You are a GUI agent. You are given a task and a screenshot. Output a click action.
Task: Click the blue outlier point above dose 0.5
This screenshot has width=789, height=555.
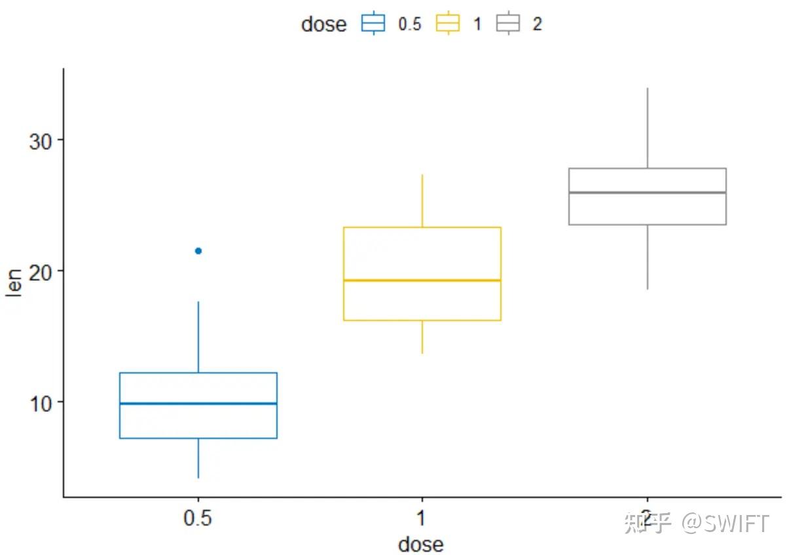198,251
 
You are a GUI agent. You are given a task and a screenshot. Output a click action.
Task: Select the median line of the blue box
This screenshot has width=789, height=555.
198,404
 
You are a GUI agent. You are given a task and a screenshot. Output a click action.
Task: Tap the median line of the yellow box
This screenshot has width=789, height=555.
422,280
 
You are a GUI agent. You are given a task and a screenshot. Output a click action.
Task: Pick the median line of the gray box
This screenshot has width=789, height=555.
647,193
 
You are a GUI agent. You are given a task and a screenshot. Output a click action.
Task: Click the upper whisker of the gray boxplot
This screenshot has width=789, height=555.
647,128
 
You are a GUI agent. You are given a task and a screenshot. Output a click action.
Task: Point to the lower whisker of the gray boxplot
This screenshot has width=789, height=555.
647,257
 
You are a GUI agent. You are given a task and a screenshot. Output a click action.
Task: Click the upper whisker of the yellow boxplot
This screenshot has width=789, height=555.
422,201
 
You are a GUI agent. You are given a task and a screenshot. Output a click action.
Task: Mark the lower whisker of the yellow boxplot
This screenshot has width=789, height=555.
422,337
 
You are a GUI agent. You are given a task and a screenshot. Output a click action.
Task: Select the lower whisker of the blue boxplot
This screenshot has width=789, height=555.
198,458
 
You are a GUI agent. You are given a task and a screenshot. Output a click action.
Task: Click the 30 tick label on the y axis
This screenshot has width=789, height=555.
41,141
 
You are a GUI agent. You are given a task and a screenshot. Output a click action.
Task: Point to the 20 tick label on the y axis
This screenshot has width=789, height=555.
41,271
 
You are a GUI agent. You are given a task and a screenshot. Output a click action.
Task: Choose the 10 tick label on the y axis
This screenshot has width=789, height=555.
41,402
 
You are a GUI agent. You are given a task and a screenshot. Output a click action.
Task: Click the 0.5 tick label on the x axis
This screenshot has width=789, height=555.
198,519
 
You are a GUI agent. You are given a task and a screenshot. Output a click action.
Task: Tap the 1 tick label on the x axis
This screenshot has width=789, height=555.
422,519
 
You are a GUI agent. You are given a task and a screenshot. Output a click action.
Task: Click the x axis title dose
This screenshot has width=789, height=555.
421,544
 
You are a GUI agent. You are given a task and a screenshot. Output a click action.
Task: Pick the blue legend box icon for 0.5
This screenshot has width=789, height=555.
373,24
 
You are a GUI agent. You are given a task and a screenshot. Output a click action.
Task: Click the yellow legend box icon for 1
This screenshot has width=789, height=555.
449,24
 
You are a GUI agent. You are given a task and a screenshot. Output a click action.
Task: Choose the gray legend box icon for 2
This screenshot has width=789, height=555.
508,24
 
